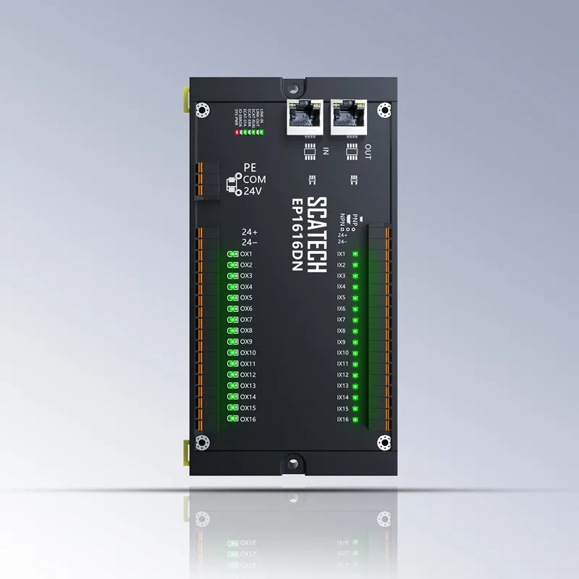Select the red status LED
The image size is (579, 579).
point(237,133)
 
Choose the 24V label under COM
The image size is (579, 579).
point(252,191)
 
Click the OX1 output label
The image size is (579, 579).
point(246,254)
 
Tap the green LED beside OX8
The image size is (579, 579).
point(232,331)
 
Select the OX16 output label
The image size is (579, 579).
point(248,419)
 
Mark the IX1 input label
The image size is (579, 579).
point(342,254)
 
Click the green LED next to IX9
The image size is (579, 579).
point(355,342)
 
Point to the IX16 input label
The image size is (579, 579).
point(343,419)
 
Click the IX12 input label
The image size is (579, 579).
point(343,375)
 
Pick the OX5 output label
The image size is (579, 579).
point(246,297)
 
